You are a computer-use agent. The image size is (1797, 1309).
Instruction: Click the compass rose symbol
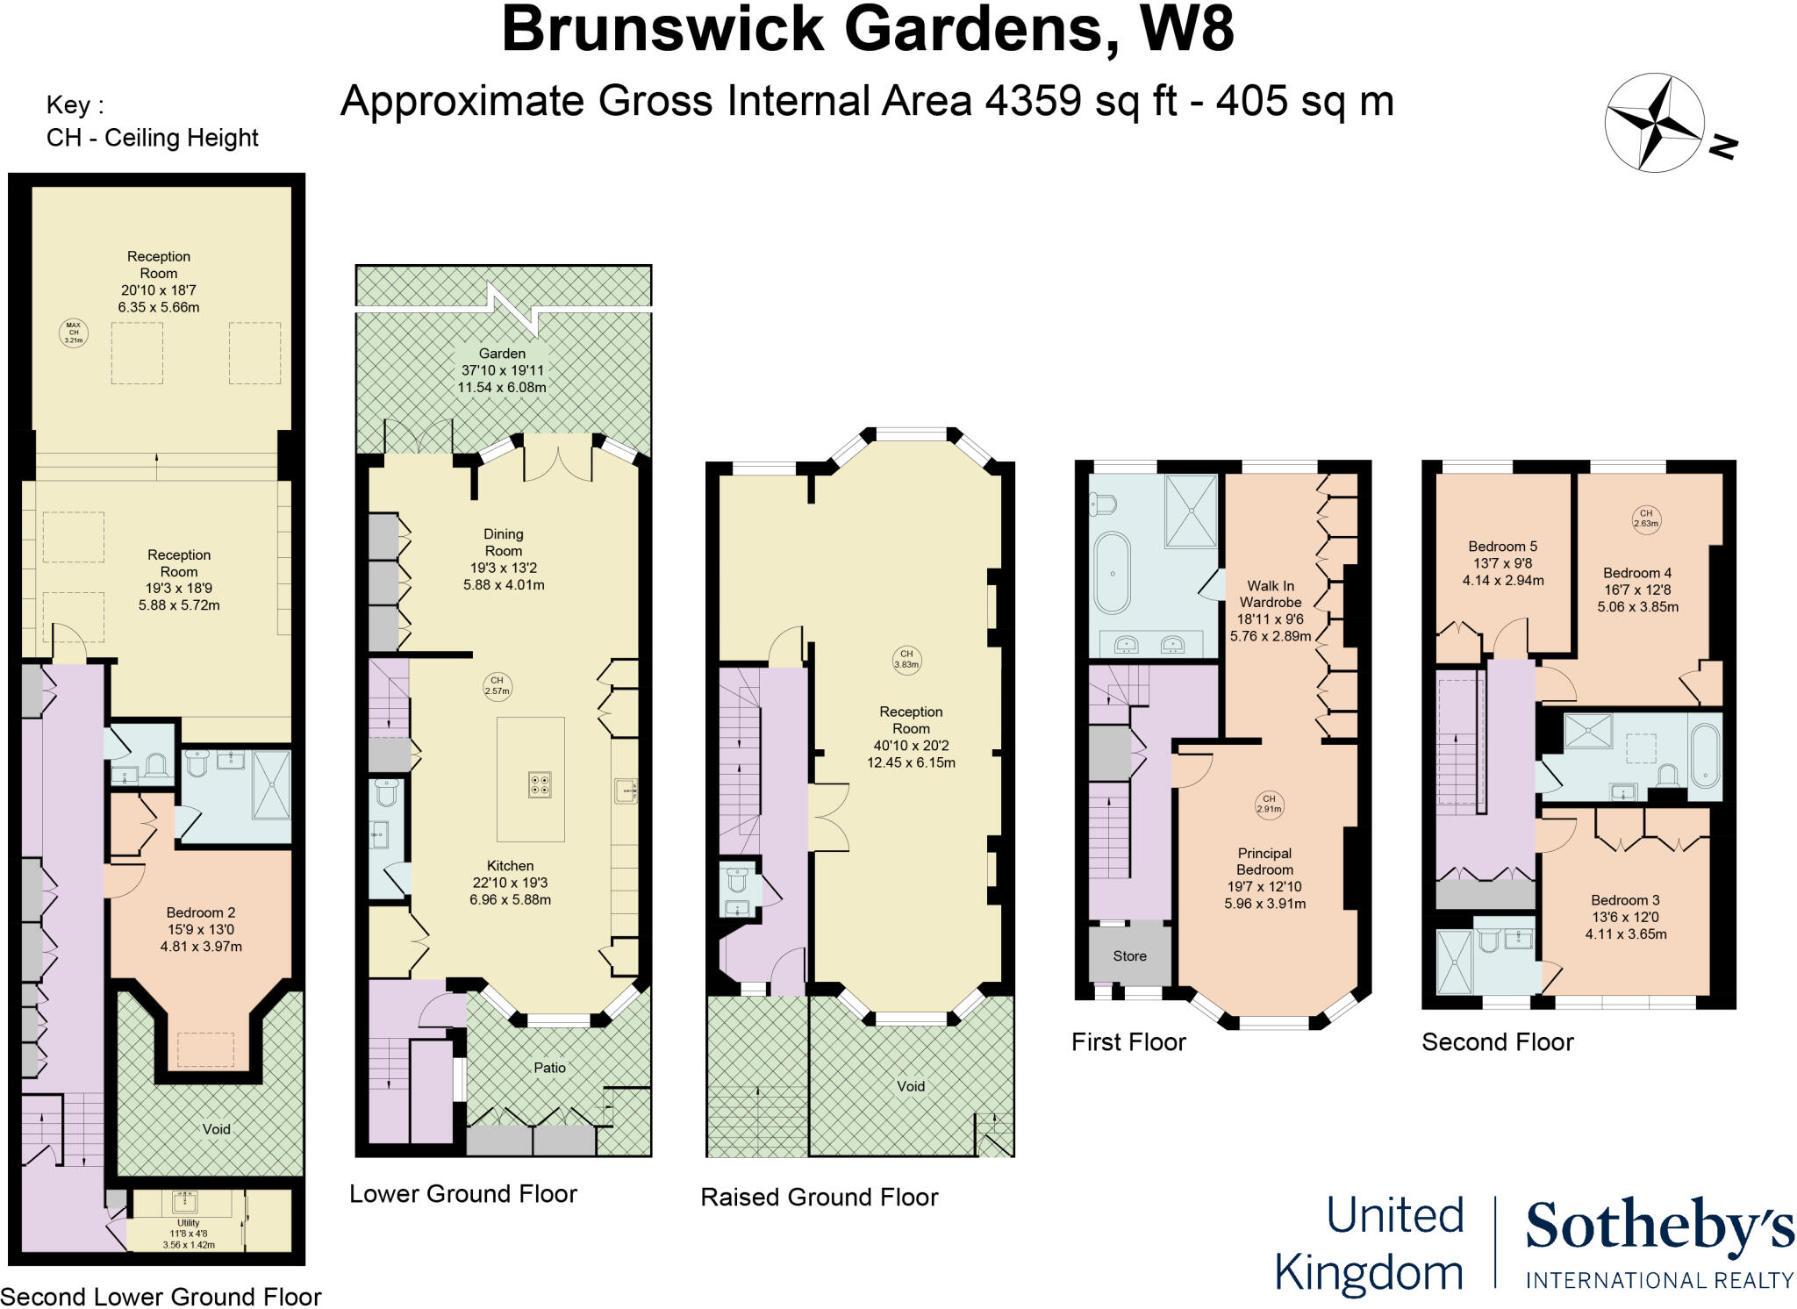[x=1654, y=123]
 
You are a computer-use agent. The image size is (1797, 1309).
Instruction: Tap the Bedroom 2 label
[x=201, y=912]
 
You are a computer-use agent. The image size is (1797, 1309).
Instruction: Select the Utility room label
[x=189, y=1223]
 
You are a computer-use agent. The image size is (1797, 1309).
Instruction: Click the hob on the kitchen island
[x=540, y=783]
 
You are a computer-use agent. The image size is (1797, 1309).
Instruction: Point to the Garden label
[x=502, y=354]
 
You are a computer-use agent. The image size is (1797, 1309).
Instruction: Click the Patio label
[x=549, y=1068]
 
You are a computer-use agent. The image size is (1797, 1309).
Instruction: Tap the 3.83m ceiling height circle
[x=906, y=659]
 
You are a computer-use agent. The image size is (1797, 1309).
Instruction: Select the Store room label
[x=1129, y=955]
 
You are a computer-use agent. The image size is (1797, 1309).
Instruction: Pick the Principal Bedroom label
[x=1264, y=861]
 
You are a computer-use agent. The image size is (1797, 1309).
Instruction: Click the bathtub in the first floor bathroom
[x=1112, y=572]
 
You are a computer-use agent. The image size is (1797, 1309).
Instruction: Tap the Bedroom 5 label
[x=1502, y=546]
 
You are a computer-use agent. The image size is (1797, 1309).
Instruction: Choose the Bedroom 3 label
[x=1625, y=900]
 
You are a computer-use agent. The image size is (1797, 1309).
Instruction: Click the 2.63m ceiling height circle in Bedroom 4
[x=1646, y=519]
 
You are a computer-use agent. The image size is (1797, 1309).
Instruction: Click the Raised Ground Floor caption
[x=819, y=1197]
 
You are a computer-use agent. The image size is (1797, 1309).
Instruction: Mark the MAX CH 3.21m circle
[x=74, y=332]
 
